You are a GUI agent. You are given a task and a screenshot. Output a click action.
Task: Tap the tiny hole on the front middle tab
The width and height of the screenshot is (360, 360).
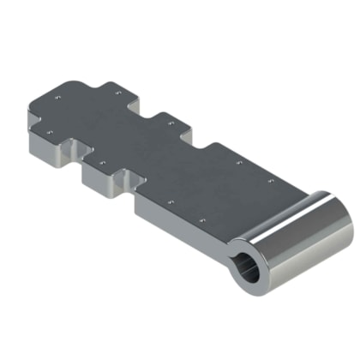[x=102, y=160]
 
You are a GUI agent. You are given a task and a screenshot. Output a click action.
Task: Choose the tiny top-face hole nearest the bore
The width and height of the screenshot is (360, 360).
[x=202, y=225]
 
